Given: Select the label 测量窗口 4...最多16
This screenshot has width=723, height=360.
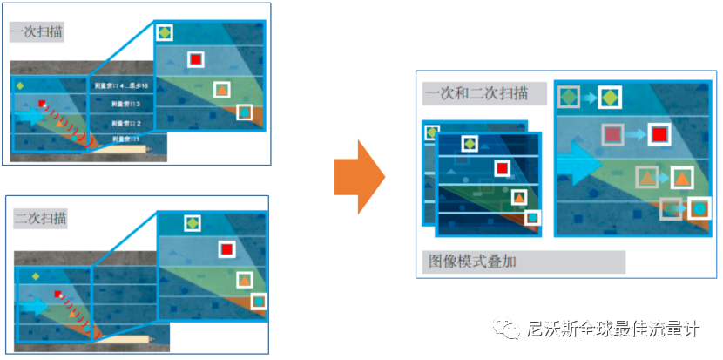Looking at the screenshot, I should [123, 86].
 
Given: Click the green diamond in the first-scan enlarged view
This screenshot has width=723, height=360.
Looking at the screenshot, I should [165, 33].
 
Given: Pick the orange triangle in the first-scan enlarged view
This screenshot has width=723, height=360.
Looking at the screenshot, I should [222, 89].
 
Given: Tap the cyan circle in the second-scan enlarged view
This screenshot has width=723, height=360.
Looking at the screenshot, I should [260, 302].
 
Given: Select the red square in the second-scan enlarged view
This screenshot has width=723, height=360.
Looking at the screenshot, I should [226, 249].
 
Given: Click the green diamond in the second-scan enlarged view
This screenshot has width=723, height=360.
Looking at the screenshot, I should [192, 223].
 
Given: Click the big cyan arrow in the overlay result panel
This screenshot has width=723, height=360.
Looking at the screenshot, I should [576, 160].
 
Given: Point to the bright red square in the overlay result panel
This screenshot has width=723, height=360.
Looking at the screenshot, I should [659, 134].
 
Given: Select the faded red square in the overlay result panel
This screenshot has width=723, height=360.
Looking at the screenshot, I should [613, 134].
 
